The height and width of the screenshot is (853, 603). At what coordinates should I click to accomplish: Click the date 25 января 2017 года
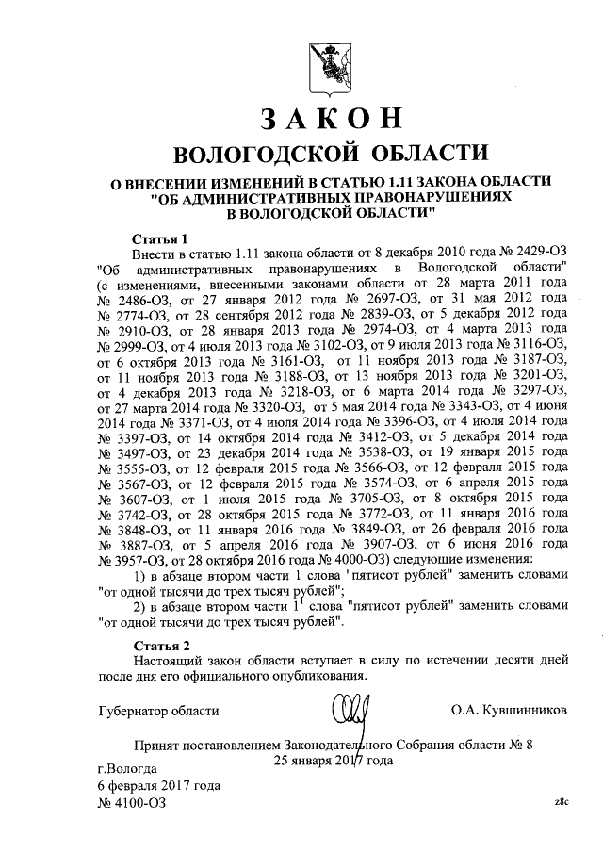pos(333,760)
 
